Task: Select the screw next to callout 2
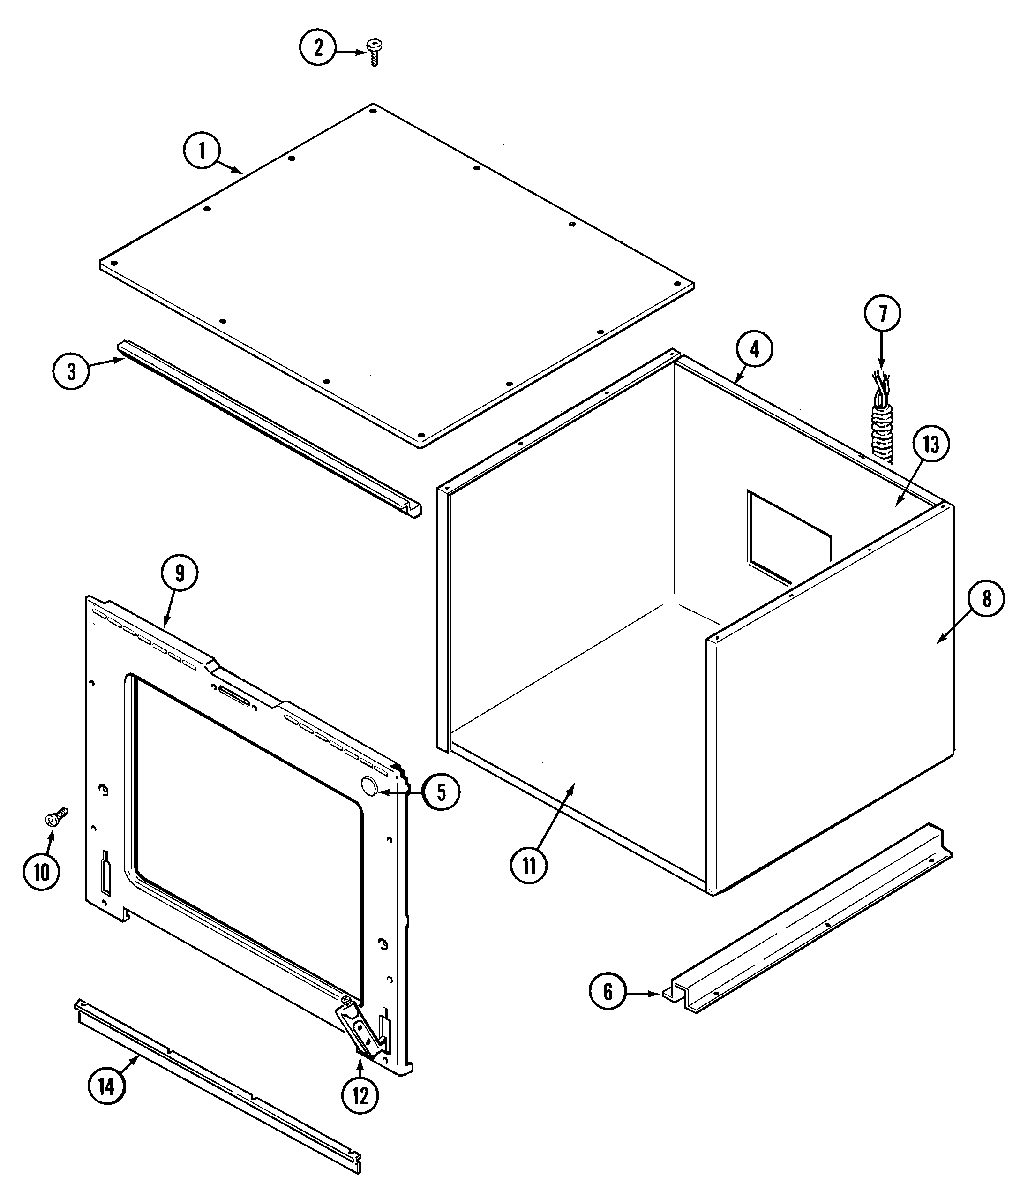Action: [x=374, y=52]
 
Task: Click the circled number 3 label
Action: [x=71, y=371]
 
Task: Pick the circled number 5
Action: [x=441, y=792]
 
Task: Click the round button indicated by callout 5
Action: [x=368, y=786]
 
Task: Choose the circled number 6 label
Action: [x=608, y=991]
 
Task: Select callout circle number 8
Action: [x=986, y=598]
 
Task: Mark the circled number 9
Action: [x=180, y=573]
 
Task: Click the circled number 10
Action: [x=41, y=872]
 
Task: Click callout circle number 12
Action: [x=360, y=1095]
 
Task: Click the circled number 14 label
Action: [x=106, y=1087]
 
